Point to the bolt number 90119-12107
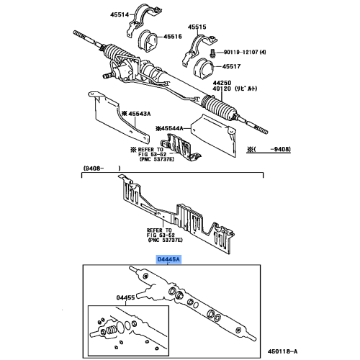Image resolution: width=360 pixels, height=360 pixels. coord(243,52)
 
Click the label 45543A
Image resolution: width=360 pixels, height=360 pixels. coord(138,114)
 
